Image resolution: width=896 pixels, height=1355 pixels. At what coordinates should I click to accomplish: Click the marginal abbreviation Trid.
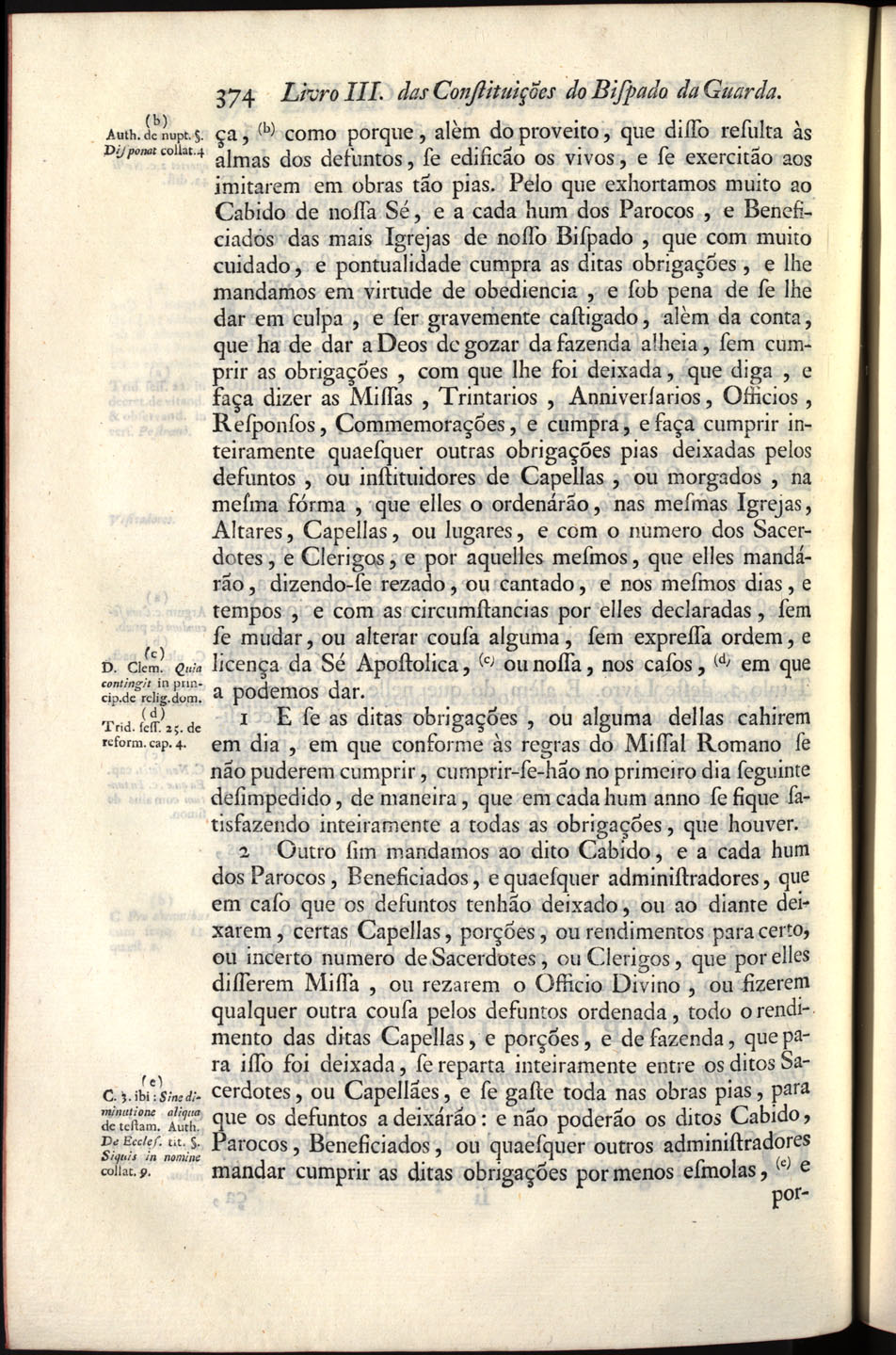point(118,727)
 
